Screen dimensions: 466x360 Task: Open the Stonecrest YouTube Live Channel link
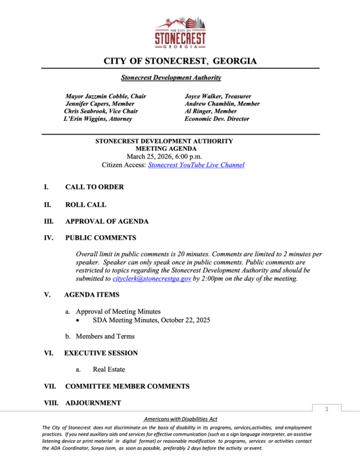pyautogui.click(x=196, y=165)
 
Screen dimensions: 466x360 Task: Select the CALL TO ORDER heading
pyautogui.click(x=94, y=187)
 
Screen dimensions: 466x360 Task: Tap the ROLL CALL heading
pyautogui.click(x=85, y=205)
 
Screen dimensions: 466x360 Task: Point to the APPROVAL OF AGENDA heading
pyautogui.click(x=107, y=221)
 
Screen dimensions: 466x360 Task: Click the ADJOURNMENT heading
pyautogui.click(x=93, y=403)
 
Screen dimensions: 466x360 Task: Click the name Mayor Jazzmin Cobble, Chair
pyautogui.click(x=106, y=96)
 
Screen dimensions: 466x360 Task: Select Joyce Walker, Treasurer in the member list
pyautogui.click(x=218, y=96)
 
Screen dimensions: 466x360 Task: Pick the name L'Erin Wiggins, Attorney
pyautogui.click(x=98, y=119)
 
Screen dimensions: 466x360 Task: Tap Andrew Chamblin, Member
pyautogui.click(x=222, y=104)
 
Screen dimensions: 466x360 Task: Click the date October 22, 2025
pyautogui.click(x=186, y=320)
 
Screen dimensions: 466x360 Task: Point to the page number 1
pyautogui.click(x=326, y=409)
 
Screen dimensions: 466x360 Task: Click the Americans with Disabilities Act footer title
pyautogui.click(x=181, y=419)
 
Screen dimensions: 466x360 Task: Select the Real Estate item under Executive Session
pyautogui.click(x=109, y=369)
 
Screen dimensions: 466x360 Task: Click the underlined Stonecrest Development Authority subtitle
pyautogui.click(x=171, y=78)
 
